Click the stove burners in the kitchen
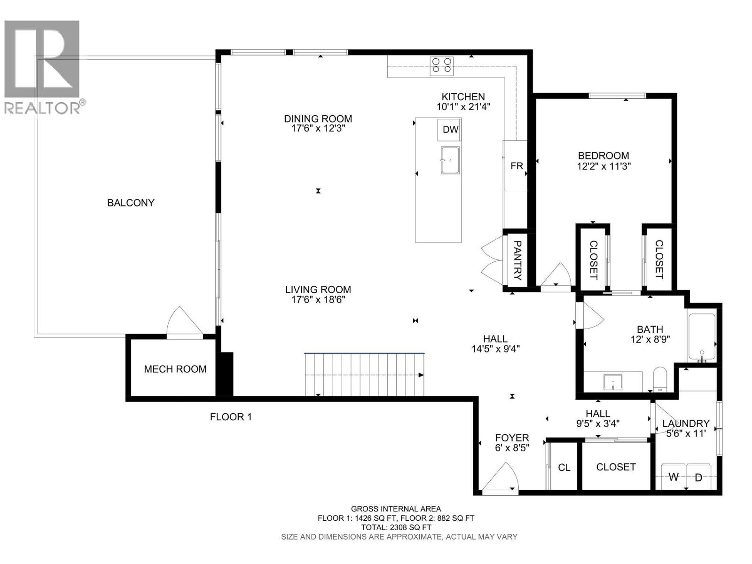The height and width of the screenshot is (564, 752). pos(442,65)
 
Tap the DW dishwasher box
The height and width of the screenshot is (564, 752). pos(450,130)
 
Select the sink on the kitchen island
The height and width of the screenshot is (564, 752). pos(450,160)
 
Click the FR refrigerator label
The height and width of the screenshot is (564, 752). pos(517,166)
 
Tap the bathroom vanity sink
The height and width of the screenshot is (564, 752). pos(612,382)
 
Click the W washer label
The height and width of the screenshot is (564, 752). pos(674,477)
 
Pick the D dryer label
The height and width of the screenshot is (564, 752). pos(698,478)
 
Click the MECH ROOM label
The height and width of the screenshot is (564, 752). pos(175,369)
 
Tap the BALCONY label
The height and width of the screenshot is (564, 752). pos(131,203)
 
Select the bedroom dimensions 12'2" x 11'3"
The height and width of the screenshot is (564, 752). pos(603,166)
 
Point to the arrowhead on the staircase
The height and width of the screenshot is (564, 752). pos(421,375)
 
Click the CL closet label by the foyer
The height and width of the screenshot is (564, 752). pos(564,467)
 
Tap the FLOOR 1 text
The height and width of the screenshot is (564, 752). pos(231,416)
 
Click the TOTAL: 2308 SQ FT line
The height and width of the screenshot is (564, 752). pos(396,527)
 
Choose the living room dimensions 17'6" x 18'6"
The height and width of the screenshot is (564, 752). pos(318,299)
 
